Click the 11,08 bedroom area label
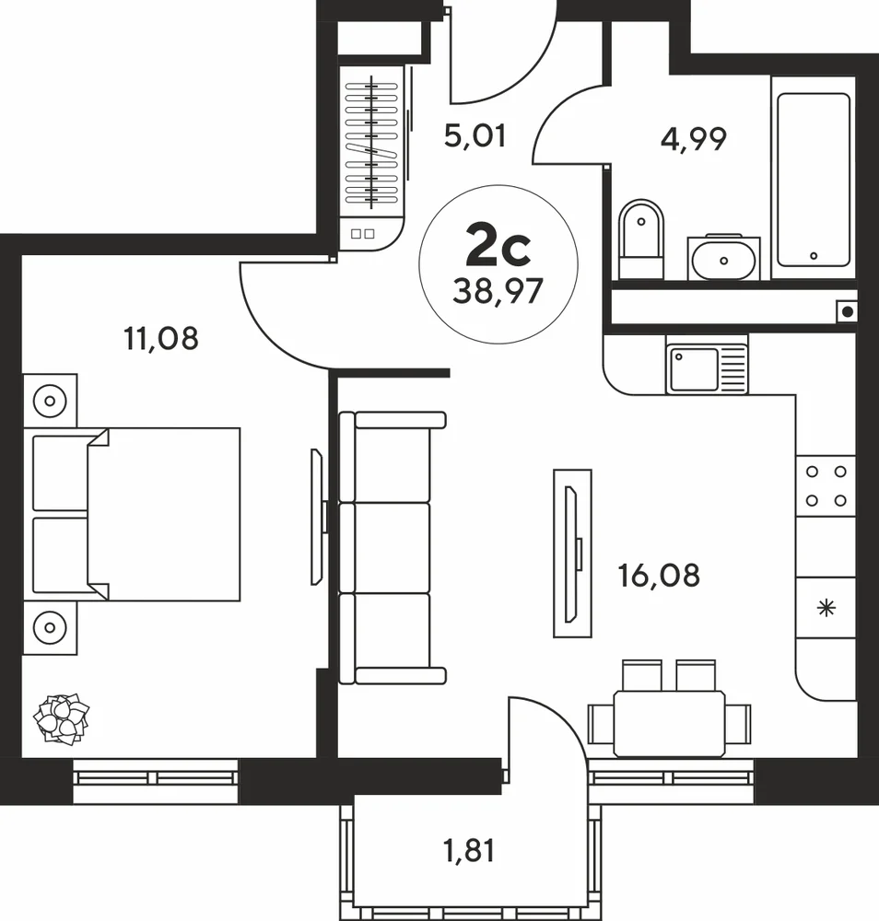pos(161,339)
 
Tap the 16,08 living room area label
pos(659,576)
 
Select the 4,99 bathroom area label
pos(693,139)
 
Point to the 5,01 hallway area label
pos(475,136)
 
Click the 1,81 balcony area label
pos(469,851)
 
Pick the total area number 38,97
pos(498,291)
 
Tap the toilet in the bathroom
pos(641,239)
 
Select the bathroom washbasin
pos(723,260)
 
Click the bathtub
pos(814,179)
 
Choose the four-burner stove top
pos(826,485)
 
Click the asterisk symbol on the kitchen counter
pos(826,608)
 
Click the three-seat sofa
pos(392,548)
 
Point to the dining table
pos(669,724)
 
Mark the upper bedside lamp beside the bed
pos(50,402)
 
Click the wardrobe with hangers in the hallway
pos(372,141)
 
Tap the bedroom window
pos(156,781)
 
